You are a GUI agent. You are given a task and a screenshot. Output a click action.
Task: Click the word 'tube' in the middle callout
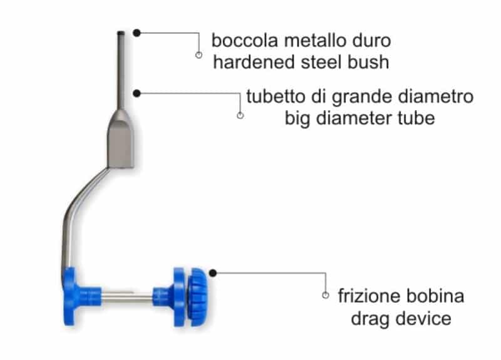click(x=415, y=118)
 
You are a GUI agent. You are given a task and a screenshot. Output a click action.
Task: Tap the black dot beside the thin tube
click(x=137, y=93)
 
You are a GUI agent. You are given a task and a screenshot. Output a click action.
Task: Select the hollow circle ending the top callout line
click(x=199, y=55)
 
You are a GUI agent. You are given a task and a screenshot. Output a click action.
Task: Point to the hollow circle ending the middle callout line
click(x=240, y=115)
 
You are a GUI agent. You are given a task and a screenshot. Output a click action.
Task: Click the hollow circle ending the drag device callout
click(x=325, y=295)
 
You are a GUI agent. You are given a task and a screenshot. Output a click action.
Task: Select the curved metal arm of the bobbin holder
click(x=78, y=207)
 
